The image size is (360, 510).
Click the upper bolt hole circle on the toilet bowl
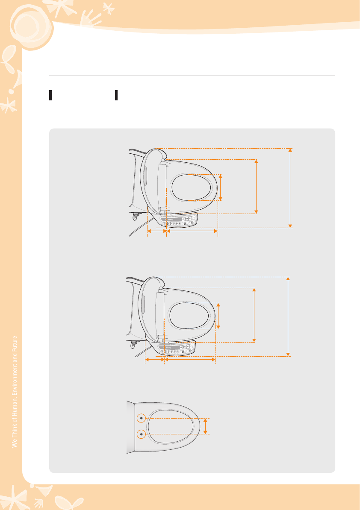(x=141, y=418)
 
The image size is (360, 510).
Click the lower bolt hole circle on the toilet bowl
(x=141, y=434)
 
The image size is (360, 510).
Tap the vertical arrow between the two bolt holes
(x=205, y=426)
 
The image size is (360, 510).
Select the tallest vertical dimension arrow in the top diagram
(x=290, y=188)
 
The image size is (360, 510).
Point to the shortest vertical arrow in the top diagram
(x=220, y=188)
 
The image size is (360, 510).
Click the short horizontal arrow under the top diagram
(x=157, y=231)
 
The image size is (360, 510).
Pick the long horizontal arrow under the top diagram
(x=192, y=231)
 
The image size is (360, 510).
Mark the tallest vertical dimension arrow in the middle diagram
(x=288, y=317)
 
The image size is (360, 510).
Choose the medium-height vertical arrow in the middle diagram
(x=254, y=315)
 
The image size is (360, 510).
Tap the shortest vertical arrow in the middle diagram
(x=218, y=316)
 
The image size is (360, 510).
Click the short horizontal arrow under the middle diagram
(x=155, y=359)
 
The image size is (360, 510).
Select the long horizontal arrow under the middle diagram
(x=190, y=359)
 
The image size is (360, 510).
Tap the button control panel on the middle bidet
(x=177, y=349)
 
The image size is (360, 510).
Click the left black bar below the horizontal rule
(x=50, y=95)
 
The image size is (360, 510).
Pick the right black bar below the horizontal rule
(x=116, y=95)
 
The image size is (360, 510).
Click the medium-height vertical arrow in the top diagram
(x=256, y=187)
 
